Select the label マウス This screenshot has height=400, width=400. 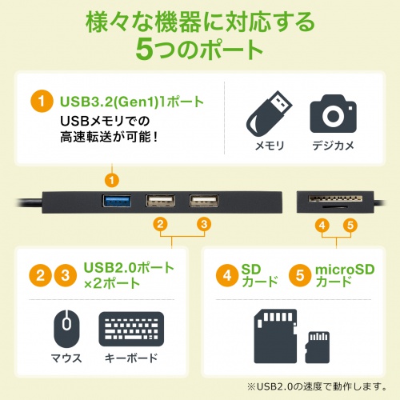click(66, 358)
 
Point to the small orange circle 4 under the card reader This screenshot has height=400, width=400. click(321, 225)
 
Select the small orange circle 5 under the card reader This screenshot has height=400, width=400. click(349, 225)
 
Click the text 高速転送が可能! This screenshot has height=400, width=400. click(110, 137)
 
